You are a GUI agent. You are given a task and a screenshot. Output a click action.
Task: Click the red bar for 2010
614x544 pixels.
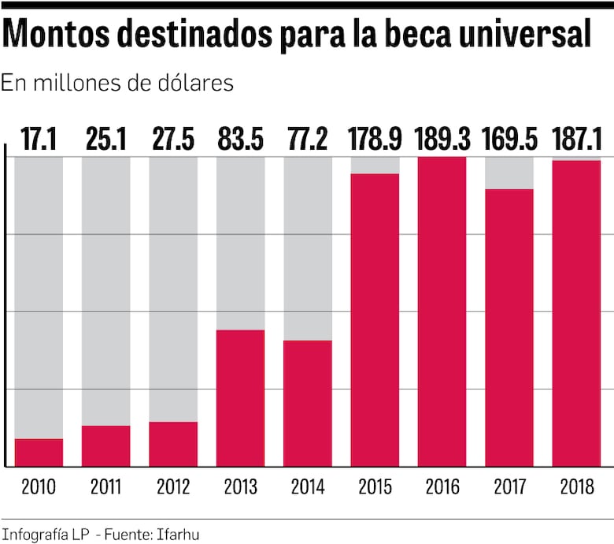click(x=39, y=453)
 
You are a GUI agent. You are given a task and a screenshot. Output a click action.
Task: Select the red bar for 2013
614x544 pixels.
click(x=240, y=398)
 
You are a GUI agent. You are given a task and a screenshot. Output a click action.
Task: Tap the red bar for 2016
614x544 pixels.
click(x=442, y=311)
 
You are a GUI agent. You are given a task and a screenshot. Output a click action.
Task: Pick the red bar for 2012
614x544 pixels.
click(x=173, y=444)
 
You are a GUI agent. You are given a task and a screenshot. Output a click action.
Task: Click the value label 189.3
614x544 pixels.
click(x=442, y=140)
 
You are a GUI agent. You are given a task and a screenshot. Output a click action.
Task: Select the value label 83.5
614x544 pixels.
click(x=240, y=140)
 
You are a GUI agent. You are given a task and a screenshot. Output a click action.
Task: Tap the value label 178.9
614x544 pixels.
click(x=375, y=140)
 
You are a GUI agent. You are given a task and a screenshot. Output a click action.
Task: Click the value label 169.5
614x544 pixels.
click(x=509, y=140)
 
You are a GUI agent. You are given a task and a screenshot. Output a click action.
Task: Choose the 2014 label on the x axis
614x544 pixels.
click(x=308, y=486)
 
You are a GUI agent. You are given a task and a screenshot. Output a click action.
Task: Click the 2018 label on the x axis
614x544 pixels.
click(x=576, y=486)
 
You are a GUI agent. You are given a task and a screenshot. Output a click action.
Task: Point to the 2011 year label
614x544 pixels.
click(x=105, y=486)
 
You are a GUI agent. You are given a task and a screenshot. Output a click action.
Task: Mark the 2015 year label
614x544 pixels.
click(x=375, y=486)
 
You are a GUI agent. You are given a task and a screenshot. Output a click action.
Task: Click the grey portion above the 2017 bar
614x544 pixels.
click(x=509, y=173)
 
